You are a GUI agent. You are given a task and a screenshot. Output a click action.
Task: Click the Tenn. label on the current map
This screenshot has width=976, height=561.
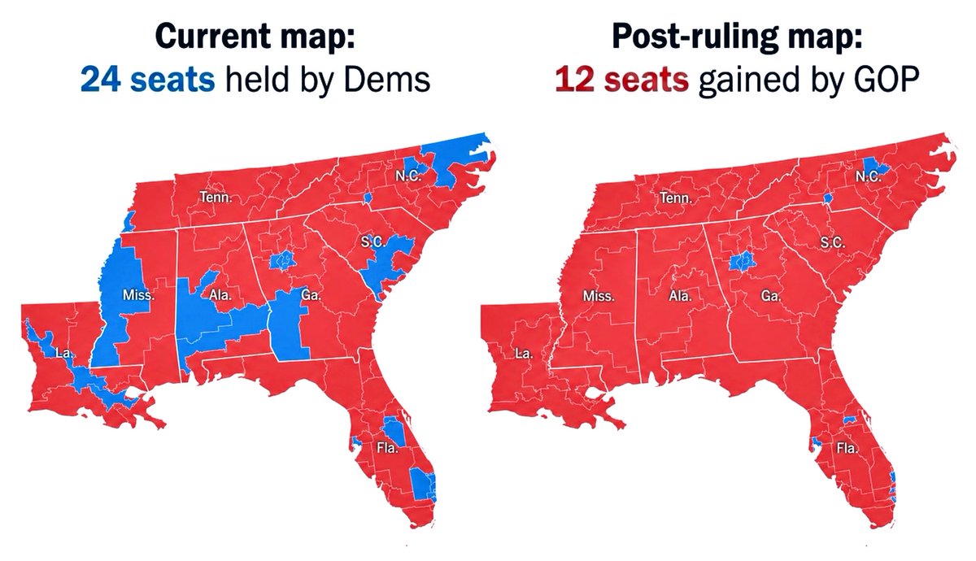click(216, 197)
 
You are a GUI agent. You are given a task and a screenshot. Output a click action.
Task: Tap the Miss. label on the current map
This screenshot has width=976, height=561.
click(138, 295)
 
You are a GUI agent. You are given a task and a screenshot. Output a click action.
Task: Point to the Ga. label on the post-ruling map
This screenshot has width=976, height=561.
click(770, 296)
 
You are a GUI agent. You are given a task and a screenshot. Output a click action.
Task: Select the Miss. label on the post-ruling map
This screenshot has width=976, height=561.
click(598, 296)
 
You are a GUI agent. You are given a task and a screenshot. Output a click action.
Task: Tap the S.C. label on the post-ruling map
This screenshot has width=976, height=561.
click(832, 242)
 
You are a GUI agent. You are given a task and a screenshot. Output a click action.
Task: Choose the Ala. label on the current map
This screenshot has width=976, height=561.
click(220, 295)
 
